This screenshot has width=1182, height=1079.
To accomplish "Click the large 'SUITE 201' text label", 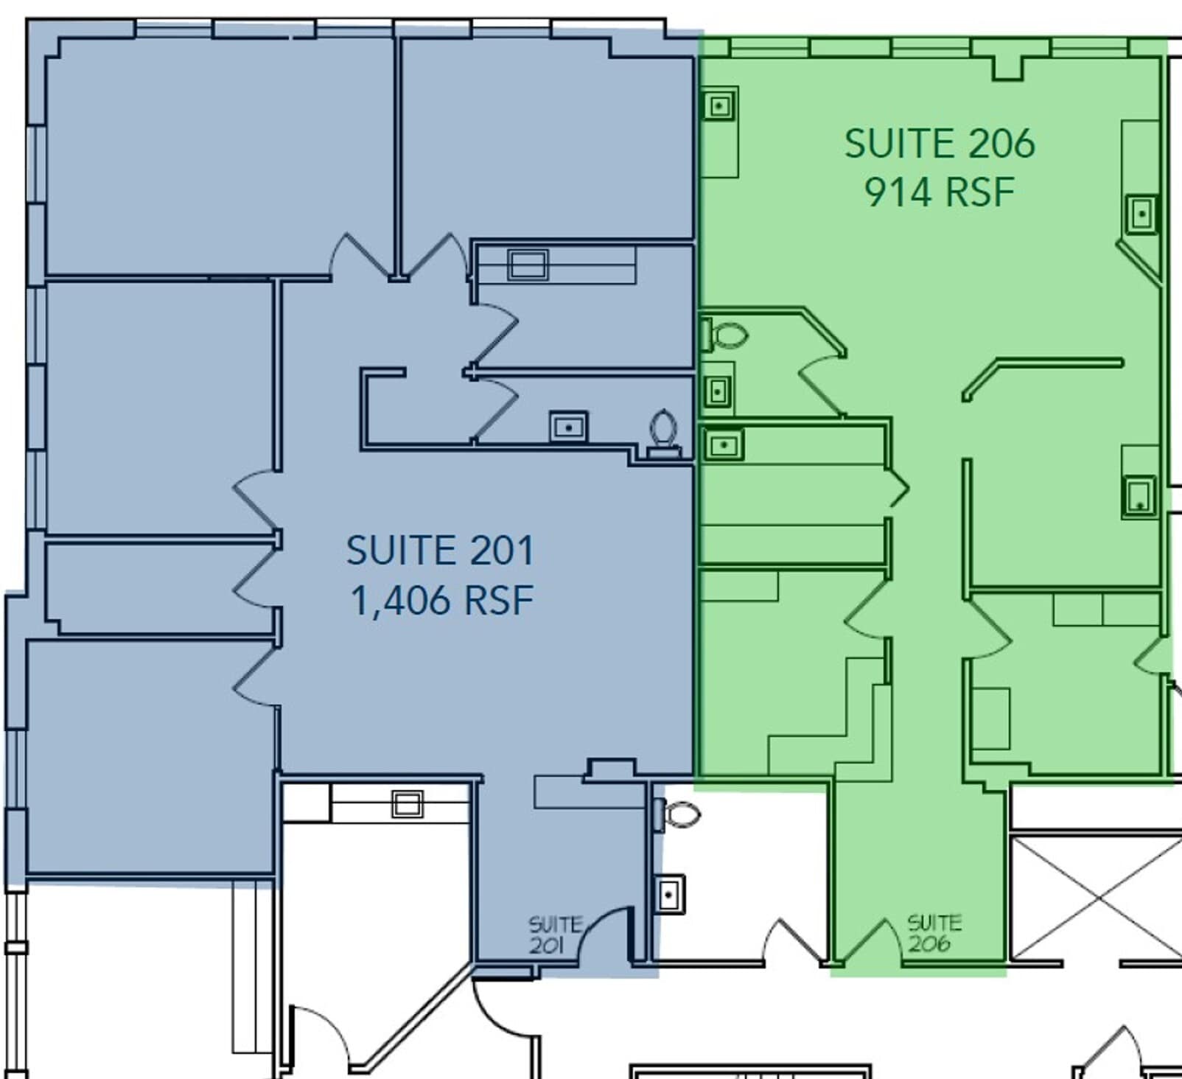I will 440,551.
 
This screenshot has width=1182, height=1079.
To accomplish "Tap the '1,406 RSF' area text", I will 441,600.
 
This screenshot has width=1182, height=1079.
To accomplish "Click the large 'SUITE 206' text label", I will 939,143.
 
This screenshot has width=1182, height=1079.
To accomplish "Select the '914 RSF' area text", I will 939,192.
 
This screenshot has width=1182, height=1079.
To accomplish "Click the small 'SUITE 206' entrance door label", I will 934,933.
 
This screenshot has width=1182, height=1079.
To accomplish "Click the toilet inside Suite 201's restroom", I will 663,432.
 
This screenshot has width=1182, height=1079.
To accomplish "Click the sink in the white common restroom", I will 669,894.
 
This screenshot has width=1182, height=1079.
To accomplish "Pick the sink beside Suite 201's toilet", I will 568,427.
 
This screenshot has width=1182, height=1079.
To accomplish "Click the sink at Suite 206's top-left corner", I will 719,106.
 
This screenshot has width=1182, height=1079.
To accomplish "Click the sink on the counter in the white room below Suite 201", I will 407,803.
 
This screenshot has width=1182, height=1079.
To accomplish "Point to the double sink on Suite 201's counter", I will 528,265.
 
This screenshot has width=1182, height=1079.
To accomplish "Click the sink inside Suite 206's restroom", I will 718,391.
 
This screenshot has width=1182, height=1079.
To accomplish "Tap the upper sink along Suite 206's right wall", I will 1141,214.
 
